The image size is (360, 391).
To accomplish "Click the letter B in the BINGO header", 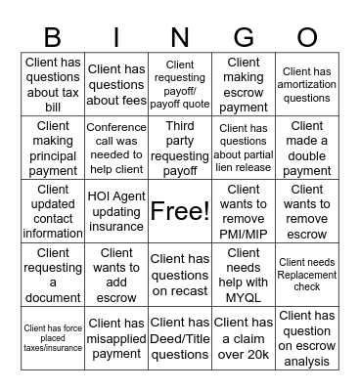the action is point(53,37).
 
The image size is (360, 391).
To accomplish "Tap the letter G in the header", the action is point(244,37).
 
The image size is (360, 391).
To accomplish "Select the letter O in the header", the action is point(306,37).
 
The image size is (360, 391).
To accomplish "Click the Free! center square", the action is point(180,210).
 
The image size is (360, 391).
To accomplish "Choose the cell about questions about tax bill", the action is point(53,84).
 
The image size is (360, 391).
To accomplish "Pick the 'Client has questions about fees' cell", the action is point(116,84).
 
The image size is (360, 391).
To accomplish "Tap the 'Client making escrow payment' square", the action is point(244,84).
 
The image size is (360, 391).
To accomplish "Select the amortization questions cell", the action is point(306,84).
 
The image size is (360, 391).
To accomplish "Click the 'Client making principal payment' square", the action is point(53,148).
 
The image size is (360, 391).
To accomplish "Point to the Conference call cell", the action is point(116,148).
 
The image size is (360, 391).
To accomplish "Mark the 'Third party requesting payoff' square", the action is point(180,148).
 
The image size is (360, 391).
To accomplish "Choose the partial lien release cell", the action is point(244,148).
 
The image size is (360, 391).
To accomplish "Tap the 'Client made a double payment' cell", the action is point(306,148).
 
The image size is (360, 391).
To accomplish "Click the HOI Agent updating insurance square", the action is point(116,210).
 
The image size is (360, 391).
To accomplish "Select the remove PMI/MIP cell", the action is point(244,210).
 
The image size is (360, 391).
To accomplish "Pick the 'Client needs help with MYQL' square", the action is point(244,274).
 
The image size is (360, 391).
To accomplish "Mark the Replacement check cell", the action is point(306,274).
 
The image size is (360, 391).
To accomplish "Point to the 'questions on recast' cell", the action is point(180,274).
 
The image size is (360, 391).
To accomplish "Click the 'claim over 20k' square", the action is point(244,337).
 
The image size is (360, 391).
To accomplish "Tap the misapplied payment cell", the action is point(116,337).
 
